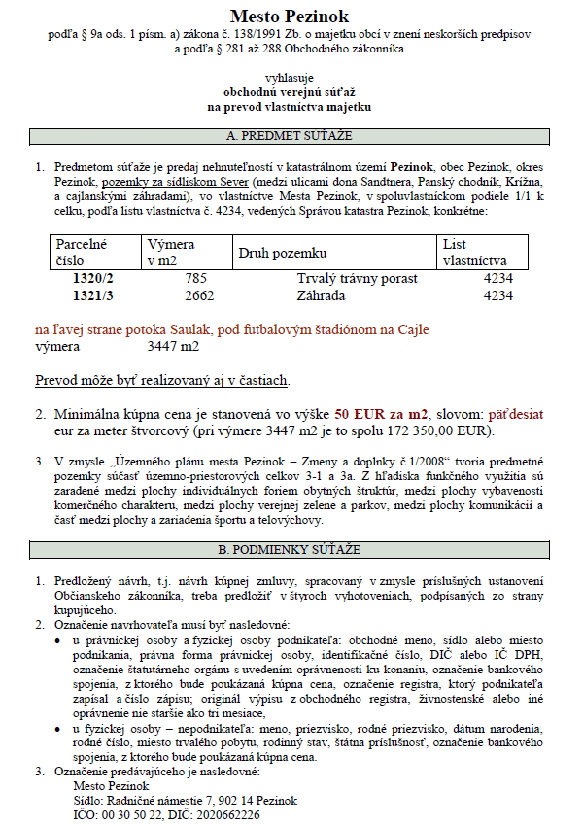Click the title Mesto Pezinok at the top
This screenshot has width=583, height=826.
point(290,17)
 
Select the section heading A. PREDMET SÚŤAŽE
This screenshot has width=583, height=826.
point(289,135)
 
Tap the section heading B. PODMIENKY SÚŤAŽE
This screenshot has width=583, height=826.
point(289,550)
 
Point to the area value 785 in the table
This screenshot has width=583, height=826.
point(197,279)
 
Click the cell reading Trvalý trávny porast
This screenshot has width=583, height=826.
point(358,279)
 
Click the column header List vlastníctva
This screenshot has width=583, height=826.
point(474,253)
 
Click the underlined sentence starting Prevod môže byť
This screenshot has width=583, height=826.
point(162,380)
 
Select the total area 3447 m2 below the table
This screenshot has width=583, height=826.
point(173,346)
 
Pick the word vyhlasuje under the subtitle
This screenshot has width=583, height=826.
point(289,76)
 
